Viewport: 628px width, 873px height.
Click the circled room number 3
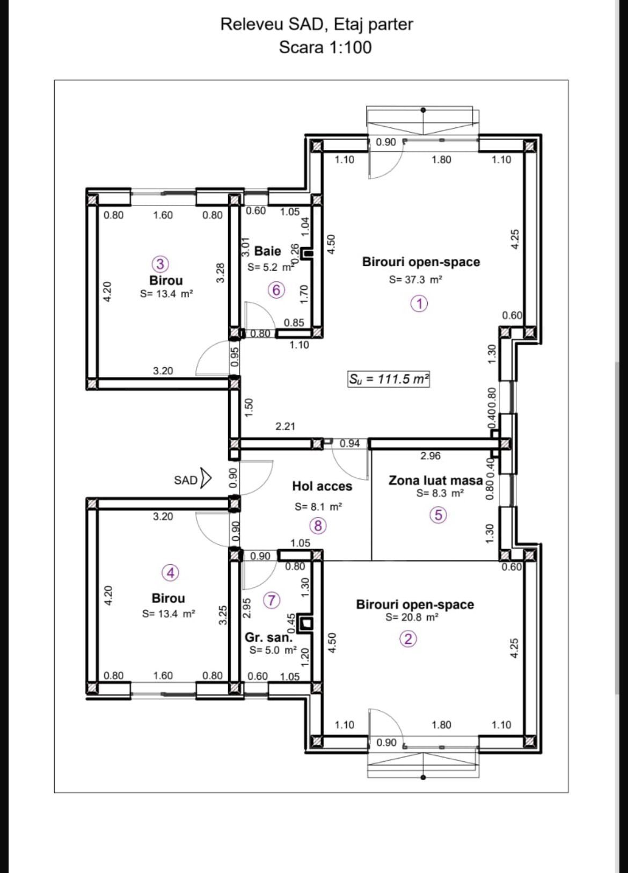coord(160,264)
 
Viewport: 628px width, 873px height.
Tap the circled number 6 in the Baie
coord(276,290)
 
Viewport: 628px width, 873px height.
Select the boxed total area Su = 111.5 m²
coord(389,379)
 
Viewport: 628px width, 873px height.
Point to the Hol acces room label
coord(322,486)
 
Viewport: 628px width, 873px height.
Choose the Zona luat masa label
coord(435,481)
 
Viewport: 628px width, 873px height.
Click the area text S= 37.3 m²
coord(415,279)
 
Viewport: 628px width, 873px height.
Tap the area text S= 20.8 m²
coord(412,617)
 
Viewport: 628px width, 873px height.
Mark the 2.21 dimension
coord(285,426)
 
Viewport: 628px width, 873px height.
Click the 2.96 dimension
coord(430,456)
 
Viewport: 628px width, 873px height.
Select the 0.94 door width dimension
coord(349,443)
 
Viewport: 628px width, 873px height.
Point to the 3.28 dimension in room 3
coord(220,273)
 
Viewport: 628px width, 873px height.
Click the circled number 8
coord(318,526)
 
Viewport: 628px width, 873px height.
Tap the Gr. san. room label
coord(268,637)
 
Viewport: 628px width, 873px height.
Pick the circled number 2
coord(408,639)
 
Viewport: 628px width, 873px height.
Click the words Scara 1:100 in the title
coord(325,48)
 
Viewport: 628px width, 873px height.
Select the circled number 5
coord(439,515)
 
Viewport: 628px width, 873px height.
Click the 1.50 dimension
coord(249,407)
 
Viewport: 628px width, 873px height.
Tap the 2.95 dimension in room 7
coord(246,608)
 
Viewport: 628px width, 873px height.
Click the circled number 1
coord(420,303)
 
